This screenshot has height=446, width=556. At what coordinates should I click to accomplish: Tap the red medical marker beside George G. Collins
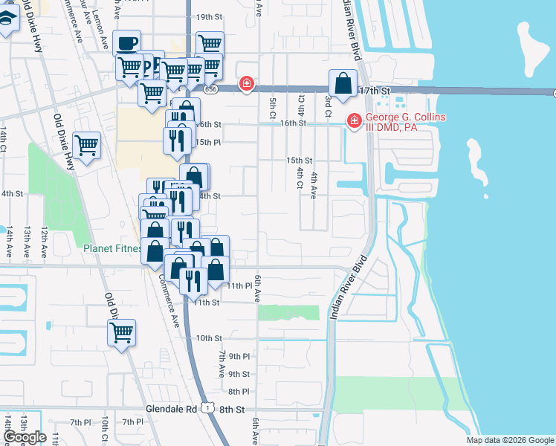(355, 120)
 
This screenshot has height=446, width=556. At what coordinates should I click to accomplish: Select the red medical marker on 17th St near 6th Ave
(245, 85)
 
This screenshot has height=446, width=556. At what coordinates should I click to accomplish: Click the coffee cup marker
(126, 43)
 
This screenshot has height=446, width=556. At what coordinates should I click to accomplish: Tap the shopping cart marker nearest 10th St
(122, 333)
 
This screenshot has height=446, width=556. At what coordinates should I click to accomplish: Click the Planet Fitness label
(112, 248)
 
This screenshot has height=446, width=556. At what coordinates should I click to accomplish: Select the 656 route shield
(212, 88)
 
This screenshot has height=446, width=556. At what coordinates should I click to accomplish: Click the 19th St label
(210, 16)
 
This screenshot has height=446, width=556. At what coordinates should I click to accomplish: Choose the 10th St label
(209, 337)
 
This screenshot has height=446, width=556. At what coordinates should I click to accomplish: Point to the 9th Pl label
(239, 357)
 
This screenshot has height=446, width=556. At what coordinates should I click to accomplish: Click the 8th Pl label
(238, 391)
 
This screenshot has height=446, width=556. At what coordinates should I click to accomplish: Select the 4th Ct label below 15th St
(300, 177)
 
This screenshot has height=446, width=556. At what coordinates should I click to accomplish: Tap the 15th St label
(300, 160)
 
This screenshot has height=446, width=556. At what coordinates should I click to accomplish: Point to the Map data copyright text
(509, 440)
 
